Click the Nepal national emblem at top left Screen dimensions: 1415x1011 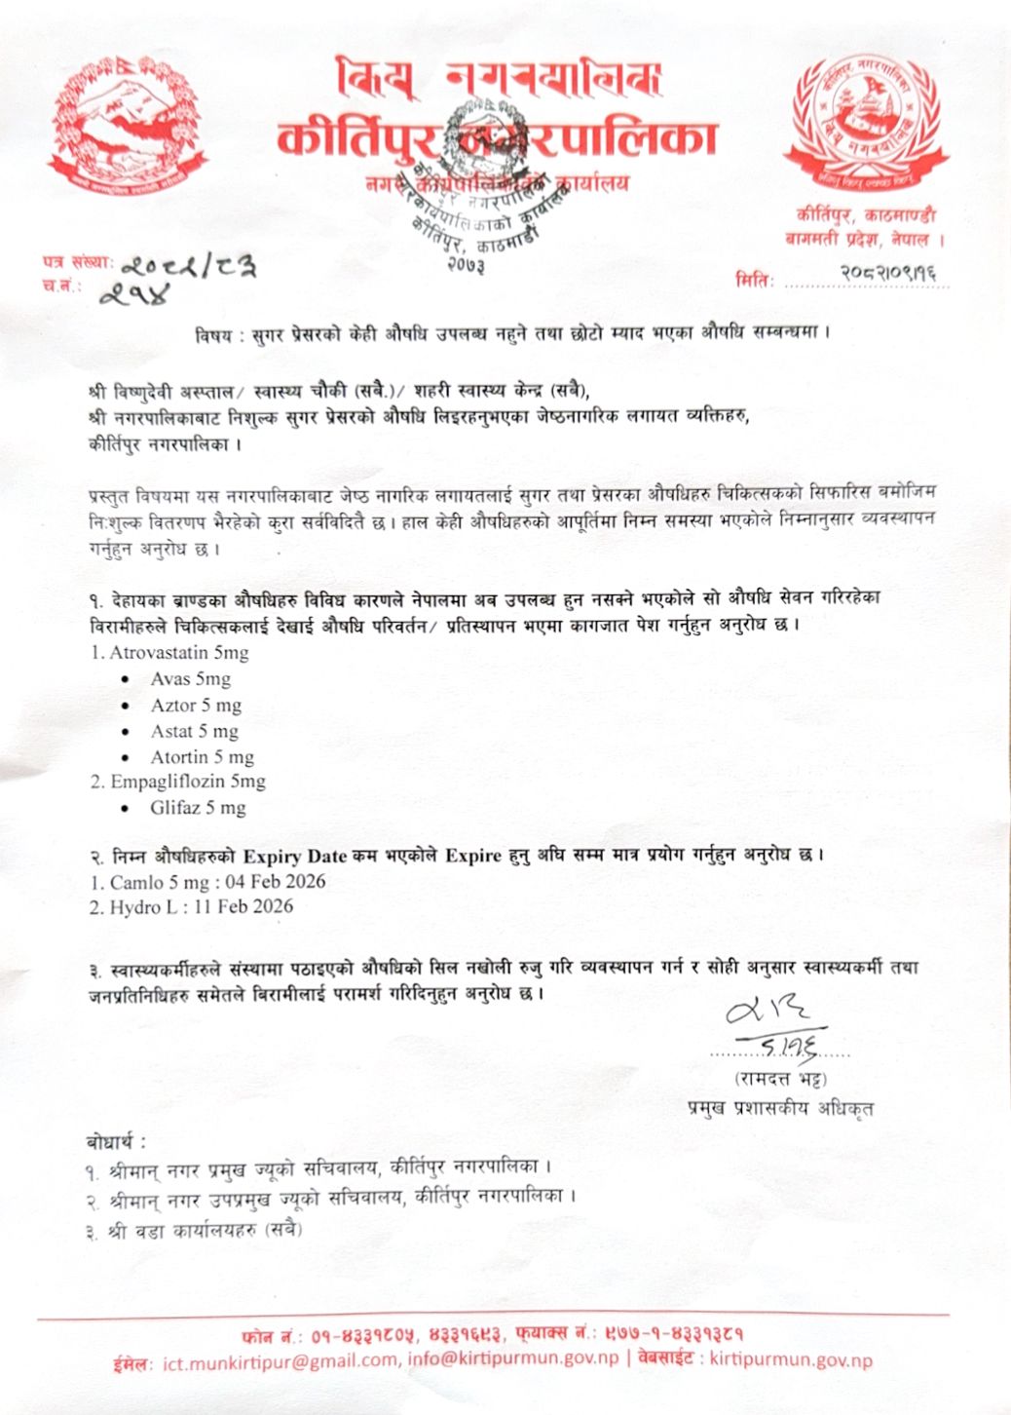point(127,126)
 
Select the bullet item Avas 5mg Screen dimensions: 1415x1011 point(190,678)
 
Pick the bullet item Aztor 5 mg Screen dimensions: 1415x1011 point(195,705)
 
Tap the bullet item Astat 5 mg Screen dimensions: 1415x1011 point(194,731)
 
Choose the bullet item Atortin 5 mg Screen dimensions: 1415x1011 point(202,757)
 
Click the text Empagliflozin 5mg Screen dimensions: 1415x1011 point(187,782)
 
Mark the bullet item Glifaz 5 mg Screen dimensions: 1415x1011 point(198,808)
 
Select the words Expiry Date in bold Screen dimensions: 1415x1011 point(294,856)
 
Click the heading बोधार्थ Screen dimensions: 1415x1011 point(115,1141)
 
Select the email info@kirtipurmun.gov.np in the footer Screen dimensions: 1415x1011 point(513,1359)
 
